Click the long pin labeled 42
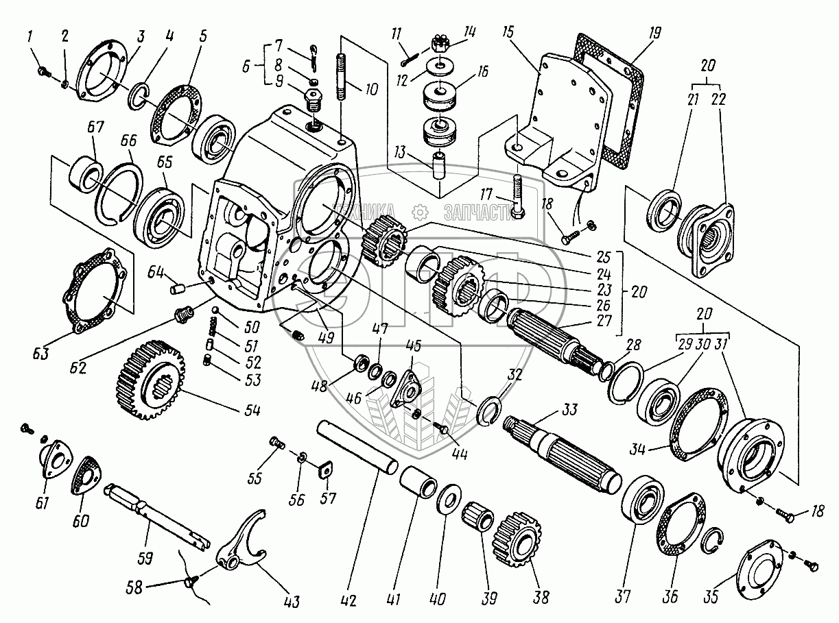pos(357,446)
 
